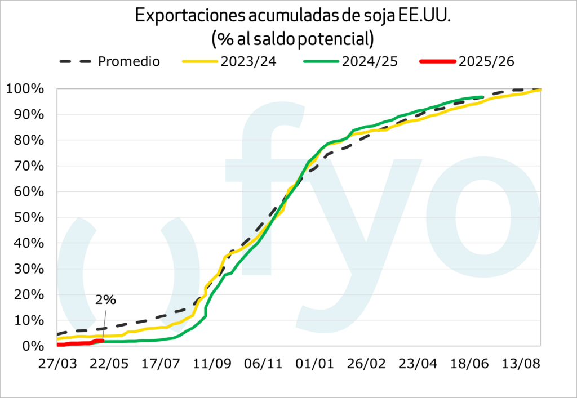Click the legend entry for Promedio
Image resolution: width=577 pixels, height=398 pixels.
129,61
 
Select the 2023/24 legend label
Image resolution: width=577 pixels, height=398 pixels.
249,61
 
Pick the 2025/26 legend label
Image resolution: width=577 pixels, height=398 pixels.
487,61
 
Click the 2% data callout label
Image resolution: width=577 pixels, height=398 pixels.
105,300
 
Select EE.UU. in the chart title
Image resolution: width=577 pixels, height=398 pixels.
419,17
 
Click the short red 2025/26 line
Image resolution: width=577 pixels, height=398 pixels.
79,343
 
